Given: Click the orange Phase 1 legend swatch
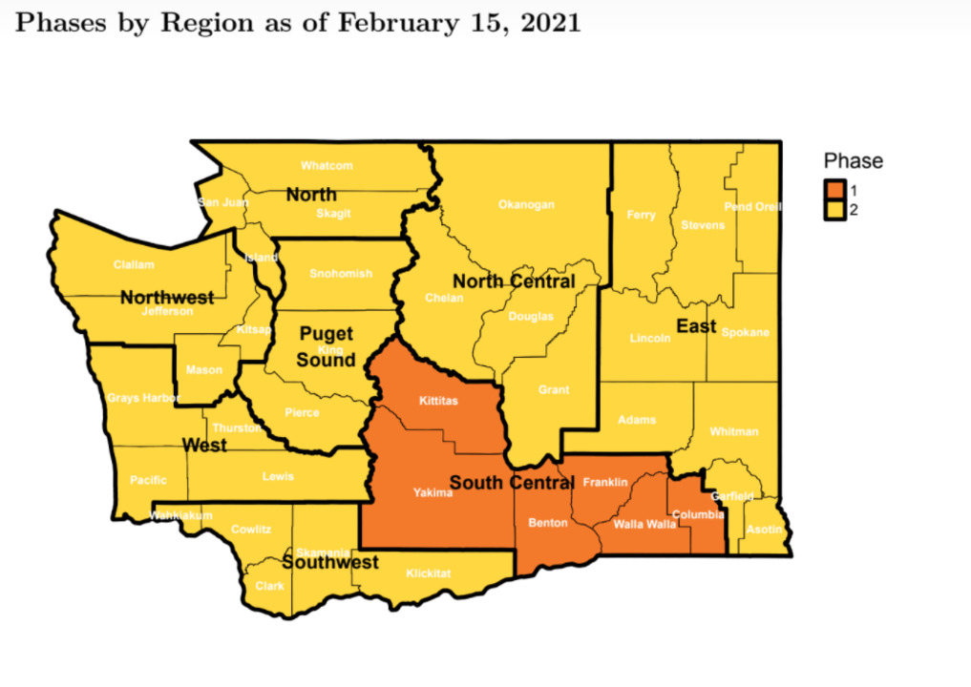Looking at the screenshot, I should [835, 192].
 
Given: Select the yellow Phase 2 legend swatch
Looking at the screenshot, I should [835, 210].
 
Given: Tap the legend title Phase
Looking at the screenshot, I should [854, 161].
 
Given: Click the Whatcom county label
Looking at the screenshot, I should [327, 165].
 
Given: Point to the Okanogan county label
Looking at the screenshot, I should [526, 204].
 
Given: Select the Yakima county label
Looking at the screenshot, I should [433, 492].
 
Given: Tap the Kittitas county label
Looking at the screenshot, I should [438, 401].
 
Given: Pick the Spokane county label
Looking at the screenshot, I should [746, 332].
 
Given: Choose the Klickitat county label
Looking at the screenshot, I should [428, 573].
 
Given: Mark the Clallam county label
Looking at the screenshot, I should [134, 264].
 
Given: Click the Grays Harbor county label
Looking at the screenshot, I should [142, 398].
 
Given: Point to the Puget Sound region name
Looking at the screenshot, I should [327, 347].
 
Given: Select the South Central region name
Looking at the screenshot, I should [511, 483].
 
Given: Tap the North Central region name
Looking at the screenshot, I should [514, 281].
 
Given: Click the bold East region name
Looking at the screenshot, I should [696, 326].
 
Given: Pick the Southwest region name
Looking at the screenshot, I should [330, 563].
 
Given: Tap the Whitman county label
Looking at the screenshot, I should [734, 431].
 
